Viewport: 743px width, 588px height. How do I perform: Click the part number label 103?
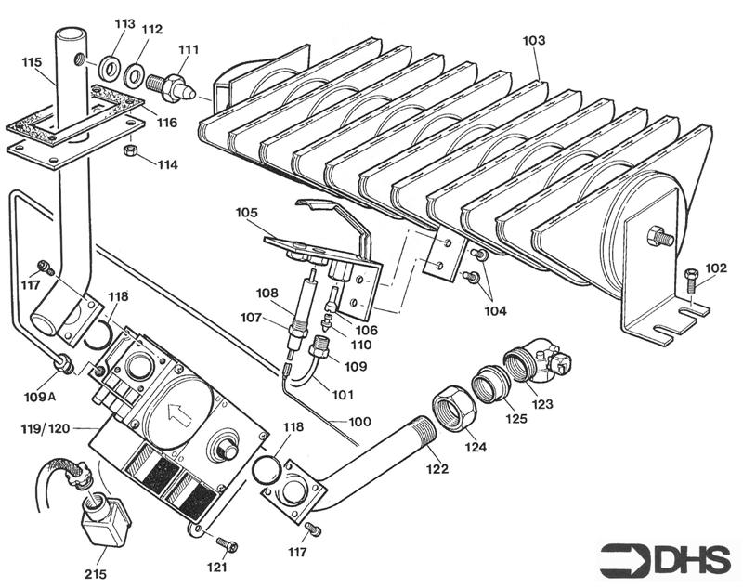click(x=534, y=41)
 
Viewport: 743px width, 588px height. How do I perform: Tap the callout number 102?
click(x=715, y=268)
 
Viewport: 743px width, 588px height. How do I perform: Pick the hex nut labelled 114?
click(x=133, y=150)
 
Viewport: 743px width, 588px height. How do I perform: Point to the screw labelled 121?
click(x=226, y=544)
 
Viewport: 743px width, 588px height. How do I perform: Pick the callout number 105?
click(x=247, y=213)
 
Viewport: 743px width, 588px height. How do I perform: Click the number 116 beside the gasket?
click(x=166, y=122)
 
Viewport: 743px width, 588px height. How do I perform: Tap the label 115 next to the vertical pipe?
click(x=33, y=62)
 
